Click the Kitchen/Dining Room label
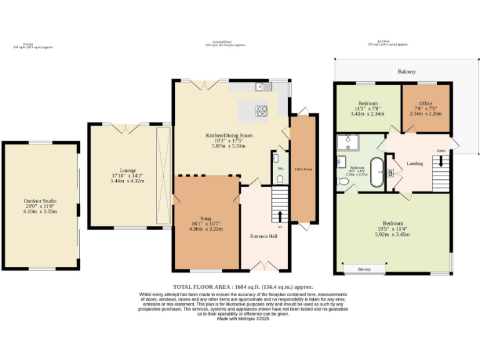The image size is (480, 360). pos(229,135)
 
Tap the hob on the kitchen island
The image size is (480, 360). pos(261,111)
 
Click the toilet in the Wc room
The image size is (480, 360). pos(279,179)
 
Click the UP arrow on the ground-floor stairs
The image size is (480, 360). pos(279,216)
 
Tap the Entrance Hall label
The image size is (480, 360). pos(264,236)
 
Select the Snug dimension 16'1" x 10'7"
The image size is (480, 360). pos(206,224)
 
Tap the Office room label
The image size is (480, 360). pos(426,103)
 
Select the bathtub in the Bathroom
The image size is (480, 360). pos(377,172)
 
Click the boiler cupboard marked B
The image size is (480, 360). pos(391,173)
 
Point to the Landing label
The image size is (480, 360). pos(414,164)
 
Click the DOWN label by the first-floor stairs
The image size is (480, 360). pos(441,151)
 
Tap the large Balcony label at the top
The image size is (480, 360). pos(407,72)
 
